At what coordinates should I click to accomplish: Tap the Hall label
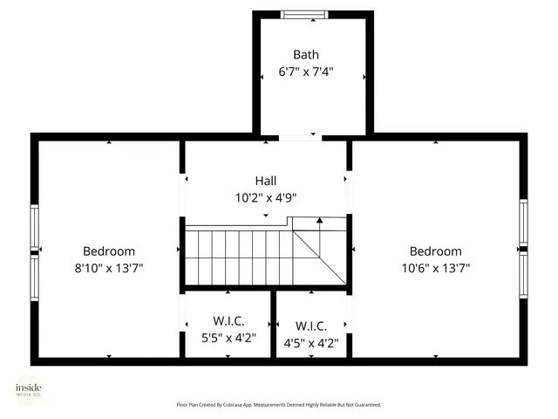(x=266, y=181)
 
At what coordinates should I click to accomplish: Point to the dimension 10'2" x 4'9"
(x=266, y=198)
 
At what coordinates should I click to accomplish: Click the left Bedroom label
(x=109, y=251)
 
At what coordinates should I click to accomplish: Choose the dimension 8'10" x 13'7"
(x=109, y=268)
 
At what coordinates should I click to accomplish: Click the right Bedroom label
(x=435, y=251)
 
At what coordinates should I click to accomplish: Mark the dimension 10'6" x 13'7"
(x=435, y=268)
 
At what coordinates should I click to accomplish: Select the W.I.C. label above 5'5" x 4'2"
(x=228, y=320)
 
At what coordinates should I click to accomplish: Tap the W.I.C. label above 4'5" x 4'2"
(x=311, y=326)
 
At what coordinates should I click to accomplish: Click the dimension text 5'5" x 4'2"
(x=228, y=338)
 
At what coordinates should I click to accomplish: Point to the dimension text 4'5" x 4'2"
(x=311, y=343)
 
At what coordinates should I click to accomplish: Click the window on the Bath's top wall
(x=306, y=14)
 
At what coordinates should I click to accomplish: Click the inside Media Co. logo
(x=28, y=390)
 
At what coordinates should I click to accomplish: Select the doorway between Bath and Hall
(x=298, y=137)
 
